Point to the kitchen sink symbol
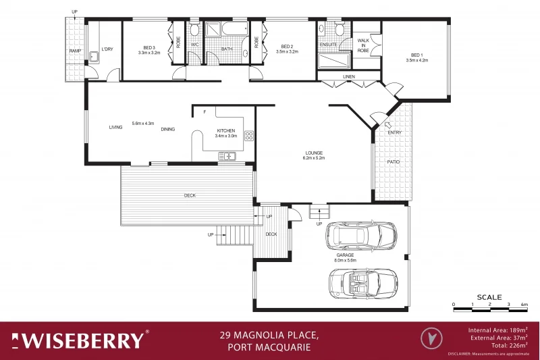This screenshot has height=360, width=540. (227, 157)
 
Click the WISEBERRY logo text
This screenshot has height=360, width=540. (80, 340)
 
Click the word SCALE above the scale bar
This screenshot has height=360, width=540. (489, 297)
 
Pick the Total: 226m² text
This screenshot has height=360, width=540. (509, 345)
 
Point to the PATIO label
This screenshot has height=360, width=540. (394, 162)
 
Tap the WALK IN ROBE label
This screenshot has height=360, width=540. (363, 46)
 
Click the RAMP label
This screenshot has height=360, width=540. (74, 51)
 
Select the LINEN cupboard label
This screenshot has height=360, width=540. (348, 77)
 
